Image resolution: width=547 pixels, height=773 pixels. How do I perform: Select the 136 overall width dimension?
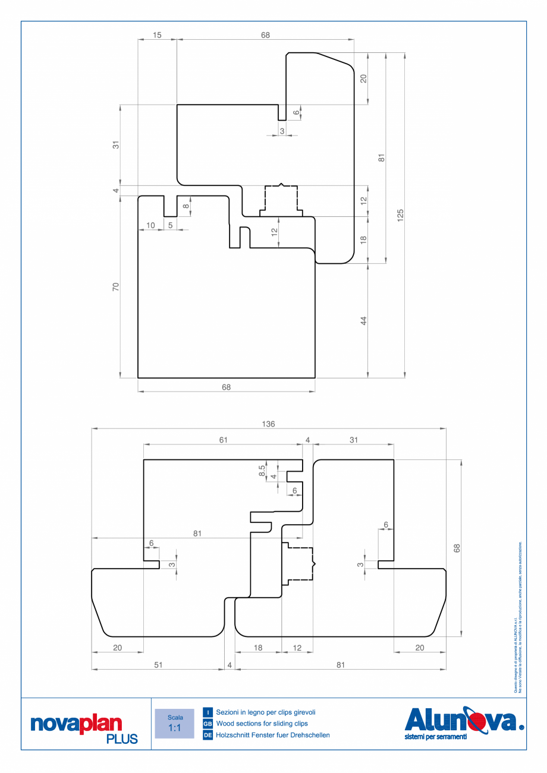269,424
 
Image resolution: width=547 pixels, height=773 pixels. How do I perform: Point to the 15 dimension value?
157,36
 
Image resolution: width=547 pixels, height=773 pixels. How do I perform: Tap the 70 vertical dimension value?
116,287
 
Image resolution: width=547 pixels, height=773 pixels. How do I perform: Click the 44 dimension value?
363,320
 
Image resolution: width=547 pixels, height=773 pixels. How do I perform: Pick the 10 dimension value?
150,225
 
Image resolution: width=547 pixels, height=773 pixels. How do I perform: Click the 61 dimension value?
223,440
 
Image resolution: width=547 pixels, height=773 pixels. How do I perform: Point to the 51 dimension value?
158,665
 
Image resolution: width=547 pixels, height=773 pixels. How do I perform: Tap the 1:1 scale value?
174,728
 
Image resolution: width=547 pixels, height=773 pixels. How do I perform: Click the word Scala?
174,717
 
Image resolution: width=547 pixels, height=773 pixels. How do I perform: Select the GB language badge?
208,724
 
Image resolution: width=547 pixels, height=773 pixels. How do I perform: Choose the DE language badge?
208,736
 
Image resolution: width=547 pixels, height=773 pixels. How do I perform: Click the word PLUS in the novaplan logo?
122,739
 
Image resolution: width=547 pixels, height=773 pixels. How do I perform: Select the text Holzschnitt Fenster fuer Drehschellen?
273,736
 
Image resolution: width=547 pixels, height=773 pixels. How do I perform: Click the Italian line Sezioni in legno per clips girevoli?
266,712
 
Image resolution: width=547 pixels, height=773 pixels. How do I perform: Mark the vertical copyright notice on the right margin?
518,618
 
